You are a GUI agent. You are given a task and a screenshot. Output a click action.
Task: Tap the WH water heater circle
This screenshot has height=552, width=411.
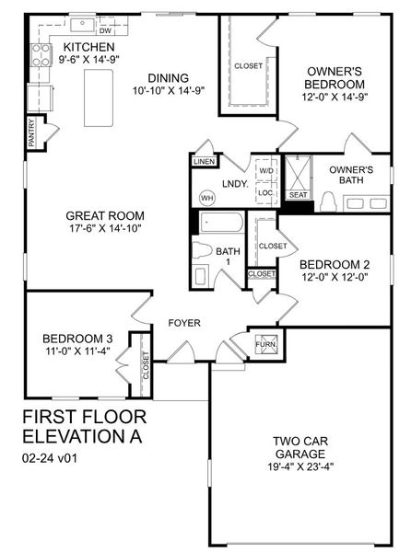click(207, 196)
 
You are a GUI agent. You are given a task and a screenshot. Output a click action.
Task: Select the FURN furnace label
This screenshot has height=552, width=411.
click(264, 345)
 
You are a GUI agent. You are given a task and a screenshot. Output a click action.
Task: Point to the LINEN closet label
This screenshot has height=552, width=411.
click(205, 162)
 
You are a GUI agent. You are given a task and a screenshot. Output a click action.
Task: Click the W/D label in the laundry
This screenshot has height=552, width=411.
click(265, 171)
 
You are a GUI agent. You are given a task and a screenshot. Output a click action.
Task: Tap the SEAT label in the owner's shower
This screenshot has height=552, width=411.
click(298, 195)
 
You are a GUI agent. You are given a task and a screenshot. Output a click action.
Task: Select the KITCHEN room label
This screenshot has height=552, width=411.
click(88, 46)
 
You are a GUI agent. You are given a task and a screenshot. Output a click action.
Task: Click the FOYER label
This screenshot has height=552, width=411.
click(184, 323)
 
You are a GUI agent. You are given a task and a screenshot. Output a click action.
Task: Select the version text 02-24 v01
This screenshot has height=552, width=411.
click(51, 456)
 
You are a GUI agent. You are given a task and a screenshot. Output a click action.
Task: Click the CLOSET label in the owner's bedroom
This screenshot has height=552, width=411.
click(248, 65)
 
